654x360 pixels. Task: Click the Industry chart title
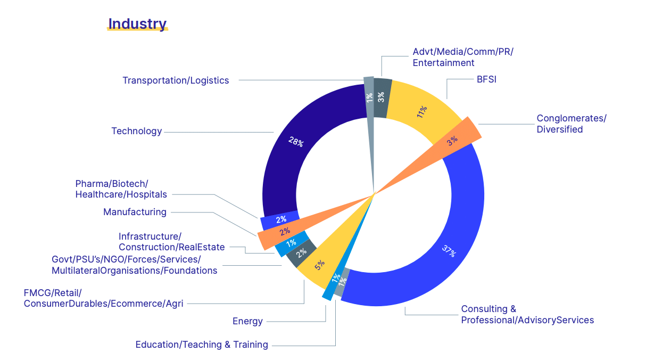click(x=137, y=24)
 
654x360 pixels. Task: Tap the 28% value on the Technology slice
click(x=296, y=142)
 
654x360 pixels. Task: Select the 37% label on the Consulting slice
click(x=449, y=251)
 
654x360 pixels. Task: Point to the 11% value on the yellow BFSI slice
click(x=422, y=111)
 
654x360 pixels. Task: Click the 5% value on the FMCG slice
click(x=319, y=265)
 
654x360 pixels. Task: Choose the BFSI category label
click(x=486, y=80)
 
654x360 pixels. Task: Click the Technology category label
click(x=136, y=131)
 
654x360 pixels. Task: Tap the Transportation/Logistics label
click(x=176, y=80)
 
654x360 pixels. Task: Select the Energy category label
click(x=247, y=321)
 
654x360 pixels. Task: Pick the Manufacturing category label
click(x=135, y=212)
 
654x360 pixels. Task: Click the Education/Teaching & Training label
click(x=202, y=345)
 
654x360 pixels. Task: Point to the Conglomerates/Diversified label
click(x=571, y=124)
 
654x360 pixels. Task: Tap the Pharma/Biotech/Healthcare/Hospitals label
click(x=121, y=189)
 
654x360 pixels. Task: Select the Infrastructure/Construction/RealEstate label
click(x=171, y=242)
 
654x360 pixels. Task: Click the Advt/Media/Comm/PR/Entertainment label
click(x=462, y=57)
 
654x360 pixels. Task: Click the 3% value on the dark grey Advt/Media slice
click(x=381, y=97)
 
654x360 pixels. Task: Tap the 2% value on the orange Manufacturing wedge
click(x=285, y=231)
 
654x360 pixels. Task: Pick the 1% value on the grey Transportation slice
click(x=369, y=97)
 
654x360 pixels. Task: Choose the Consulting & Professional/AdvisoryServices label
click(x=527, y=314)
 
